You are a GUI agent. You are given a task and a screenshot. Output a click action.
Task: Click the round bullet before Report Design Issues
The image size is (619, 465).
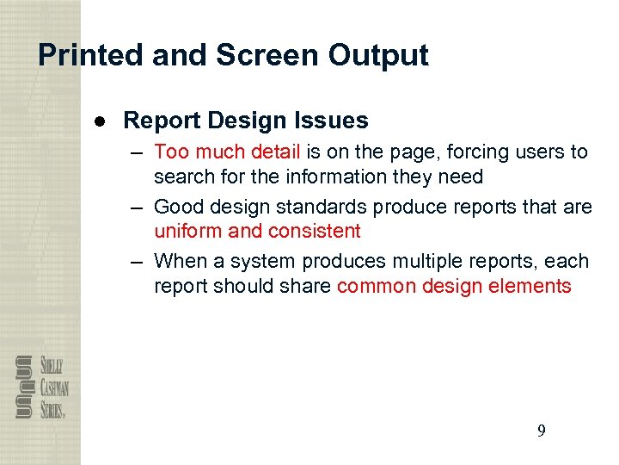coord(101,121)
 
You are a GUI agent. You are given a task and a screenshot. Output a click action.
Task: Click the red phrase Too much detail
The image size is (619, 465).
coord(227,152)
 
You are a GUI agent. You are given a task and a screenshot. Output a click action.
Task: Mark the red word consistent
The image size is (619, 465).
coord(314,231)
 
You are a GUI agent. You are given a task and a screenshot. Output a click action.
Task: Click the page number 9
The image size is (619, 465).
coord(541,431)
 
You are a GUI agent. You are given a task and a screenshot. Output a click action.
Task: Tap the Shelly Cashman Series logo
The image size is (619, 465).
coord(40,387)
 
